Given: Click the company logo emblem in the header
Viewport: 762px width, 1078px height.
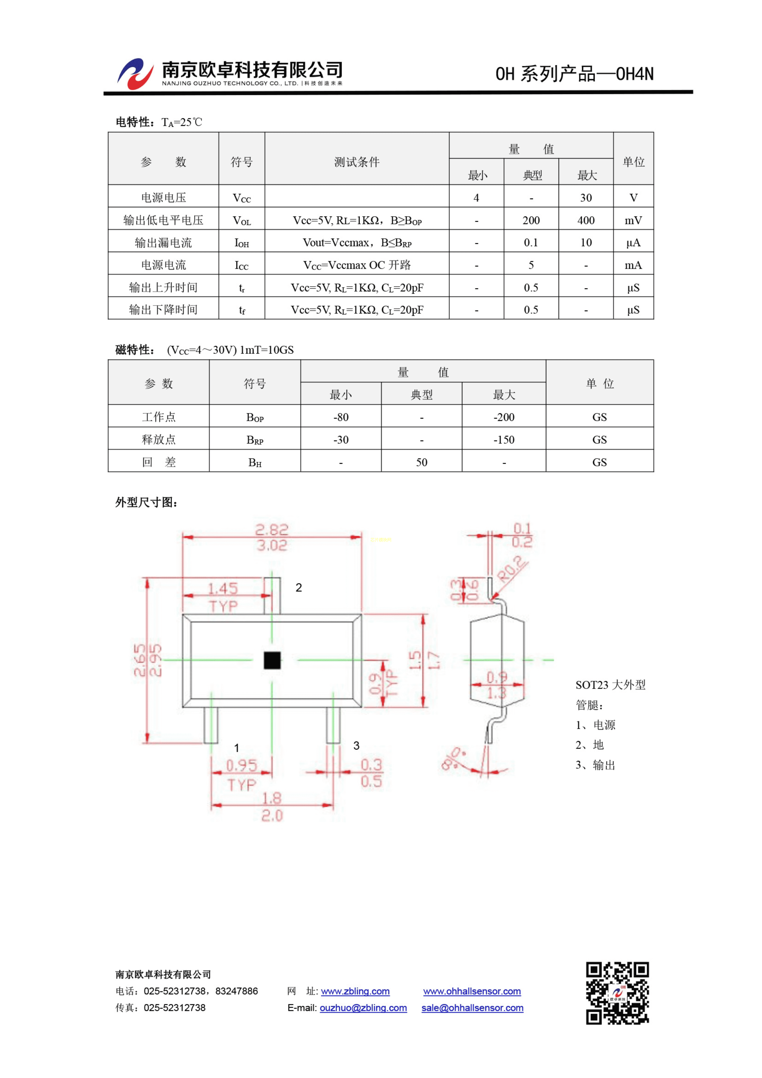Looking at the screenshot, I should (135, 74).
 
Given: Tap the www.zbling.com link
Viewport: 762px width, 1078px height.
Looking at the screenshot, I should (355, 991).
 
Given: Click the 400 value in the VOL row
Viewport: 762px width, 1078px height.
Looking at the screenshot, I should (585, 220).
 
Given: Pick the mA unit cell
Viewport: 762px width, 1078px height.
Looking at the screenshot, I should (633, 265).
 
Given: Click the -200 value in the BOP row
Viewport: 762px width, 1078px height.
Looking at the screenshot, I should (504, 417).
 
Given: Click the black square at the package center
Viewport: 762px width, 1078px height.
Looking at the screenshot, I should (272, 660).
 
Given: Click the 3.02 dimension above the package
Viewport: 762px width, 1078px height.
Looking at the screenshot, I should (272, 545).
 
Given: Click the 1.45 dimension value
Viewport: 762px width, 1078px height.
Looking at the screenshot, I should (223, 588).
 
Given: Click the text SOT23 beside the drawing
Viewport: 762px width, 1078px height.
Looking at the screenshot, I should (592, 685).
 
